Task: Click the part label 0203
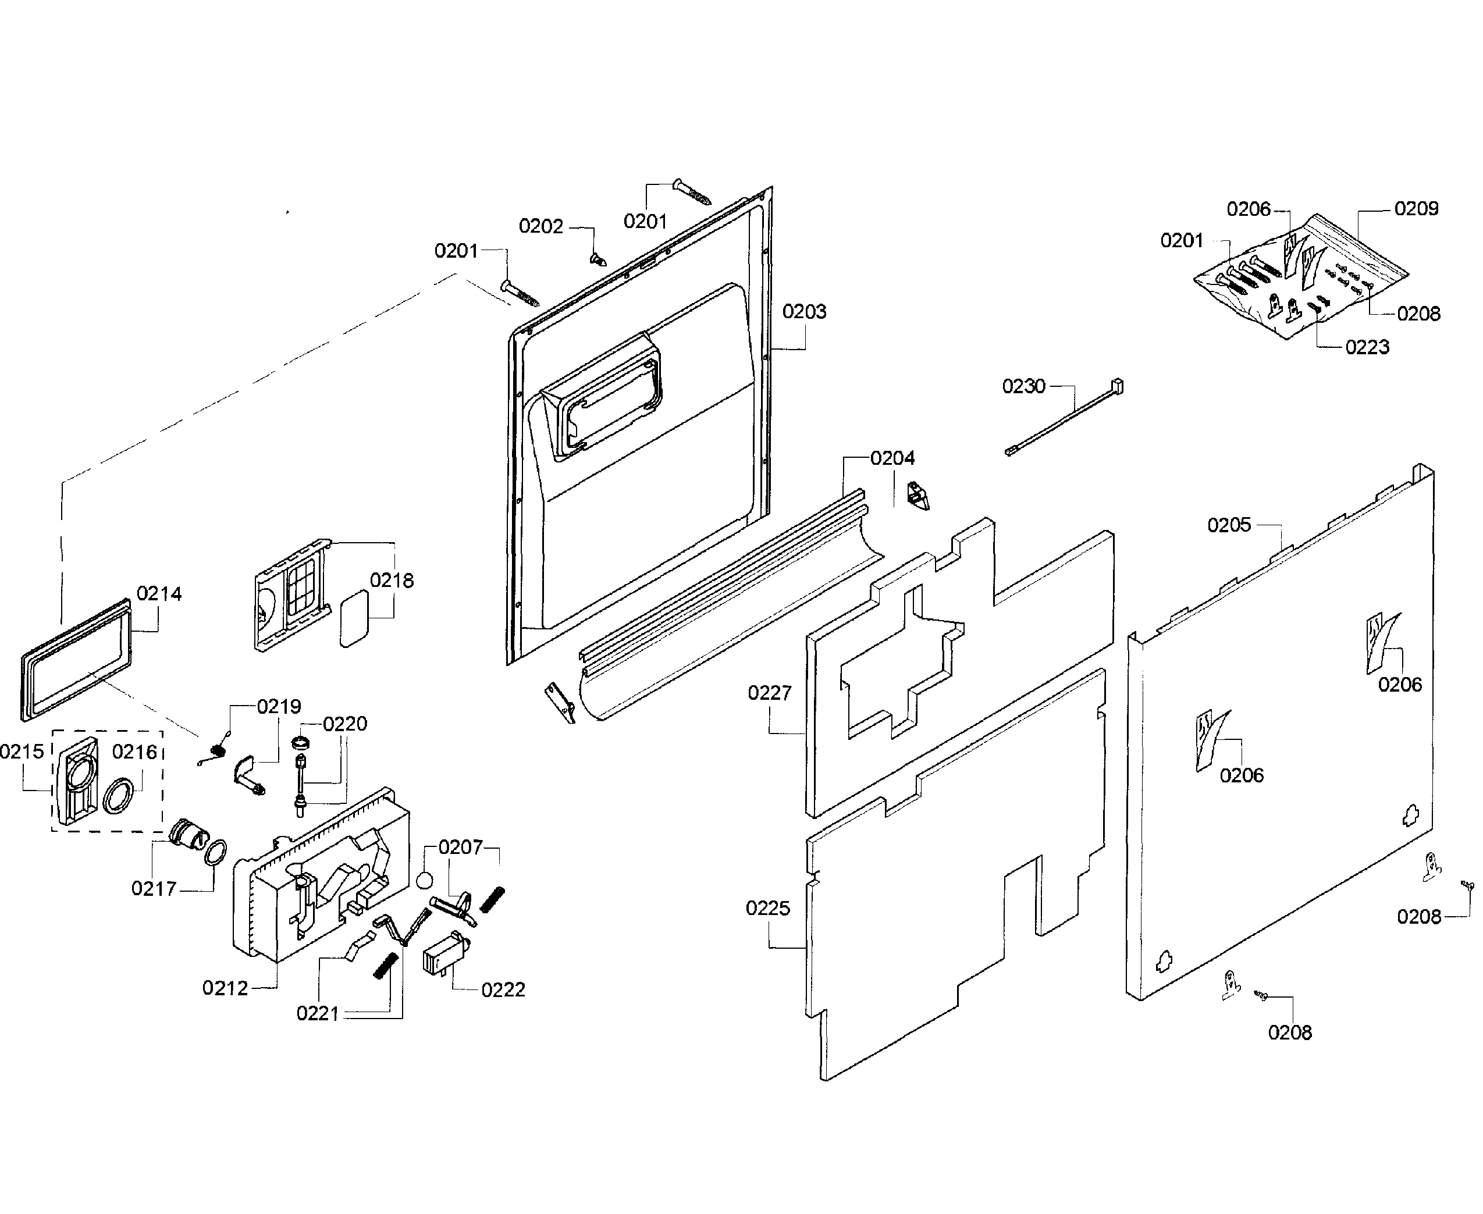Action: [x=804, y=311]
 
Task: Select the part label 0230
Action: [x=1023, y=386]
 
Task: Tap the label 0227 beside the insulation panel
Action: [x=770, y=692]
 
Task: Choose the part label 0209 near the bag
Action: [x=1416, y=208]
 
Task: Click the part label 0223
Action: [x=1367, y=347]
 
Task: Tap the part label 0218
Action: [x=391, y=580]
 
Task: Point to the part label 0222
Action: [x=502, y=989]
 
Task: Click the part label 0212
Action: [x=225, y=988]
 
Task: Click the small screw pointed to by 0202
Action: [x=598, y=260]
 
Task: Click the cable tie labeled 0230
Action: [x=1064, y=418]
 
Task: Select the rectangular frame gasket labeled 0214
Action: [x=76, y=660]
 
